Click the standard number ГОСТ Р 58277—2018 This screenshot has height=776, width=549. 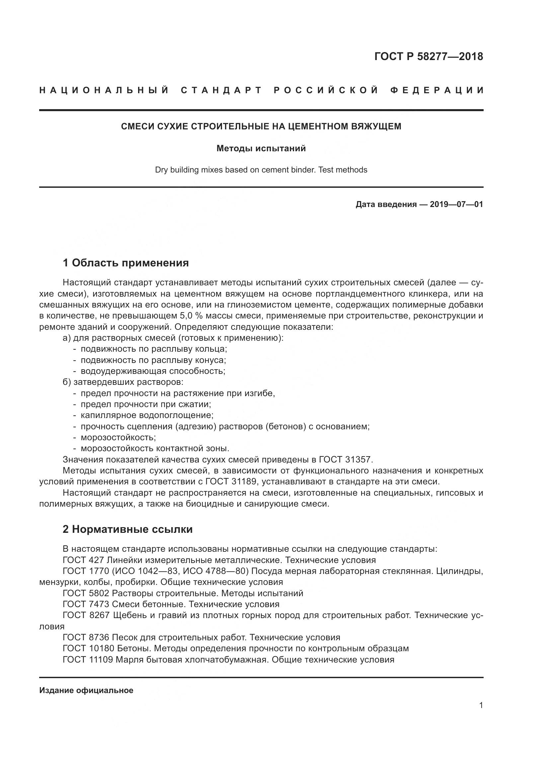(x=429, y=56)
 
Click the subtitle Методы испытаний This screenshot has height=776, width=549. (x=261, y=148)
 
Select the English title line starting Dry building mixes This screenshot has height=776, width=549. (x=261, y=170)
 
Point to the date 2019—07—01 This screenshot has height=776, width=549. (x=456, y=204)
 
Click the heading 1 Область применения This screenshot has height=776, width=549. (x=126, y=263)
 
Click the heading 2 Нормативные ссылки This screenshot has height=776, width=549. (x=127, y=529)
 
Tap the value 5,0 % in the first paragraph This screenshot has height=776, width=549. (x=190, y=316)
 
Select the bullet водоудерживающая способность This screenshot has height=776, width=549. (x=153, y=371)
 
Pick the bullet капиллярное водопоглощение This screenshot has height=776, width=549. (x=147, y=415)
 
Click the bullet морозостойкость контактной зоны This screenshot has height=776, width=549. (x=155, y=449)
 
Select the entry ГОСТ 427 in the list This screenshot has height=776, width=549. (x=83, y=560)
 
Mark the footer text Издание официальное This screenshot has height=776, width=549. (x=86, y=690)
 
